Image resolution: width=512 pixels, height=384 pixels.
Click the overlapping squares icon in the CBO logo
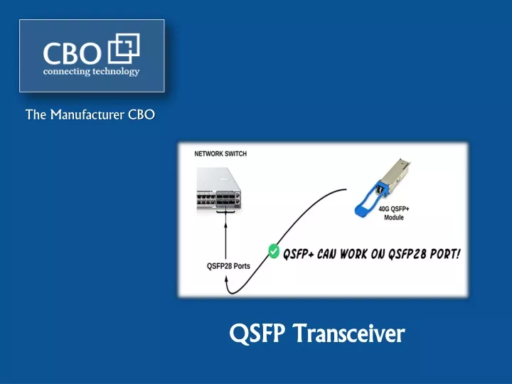pyautogui.click(x=124, y=48)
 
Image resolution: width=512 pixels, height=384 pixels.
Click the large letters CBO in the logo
pyautogui.click(x=72, y=53)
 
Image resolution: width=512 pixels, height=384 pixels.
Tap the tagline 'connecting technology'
pyautogui.click(x=92, y=72)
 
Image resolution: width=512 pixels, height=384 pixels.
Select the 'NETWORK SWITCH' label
pyautogui.click(x=220, y=154)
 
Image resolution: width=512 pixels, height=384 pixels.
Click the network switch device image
pyautogui.click(x=219, y=189)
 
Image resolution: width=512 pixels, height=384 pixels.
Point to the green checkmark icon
pyautogui.click(x=274, y=252)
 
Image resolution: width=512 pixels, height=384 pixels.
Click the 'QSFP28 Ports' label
pyautogui.click(x=228, y=266)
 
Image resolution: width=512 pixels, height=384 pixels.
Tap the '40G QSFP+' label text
pyautogui.click(x=393, y=209)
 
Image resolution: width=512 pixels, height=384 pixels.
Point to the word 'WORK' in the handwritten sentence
pyautogui.click(x=353, y=254)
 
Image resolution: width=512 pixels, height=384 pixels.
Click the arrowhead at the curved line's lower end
pyautogui.click(x=225, y=279)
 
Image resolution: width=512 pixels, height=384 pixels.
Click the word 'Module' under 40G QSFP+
pyautogui.click(x=394, y=218)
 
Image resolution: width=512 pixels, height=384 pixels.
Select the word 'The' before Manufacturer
pyautogui.click(x=36, y=114)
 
